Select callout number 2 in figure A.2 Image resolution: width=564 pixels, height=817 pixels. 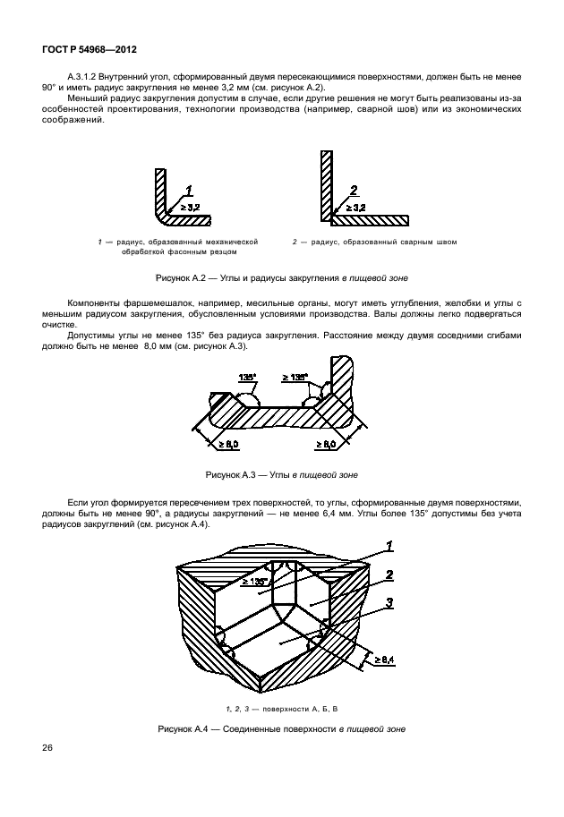(355, 189)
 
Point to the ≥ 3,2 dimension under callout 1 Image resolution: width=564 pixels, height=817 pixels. (191, 207)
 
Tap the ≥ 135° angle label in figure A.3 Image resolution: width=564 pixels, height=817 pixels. (295, 377)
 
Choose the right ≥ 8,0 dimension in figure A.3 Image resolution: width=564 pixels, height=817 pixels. (325, 444)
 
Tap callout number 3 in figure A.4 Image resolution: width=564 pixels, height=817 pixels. (389, 604)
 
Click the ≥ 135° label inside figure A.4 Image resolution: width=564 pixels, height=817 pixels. (255, 581)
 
